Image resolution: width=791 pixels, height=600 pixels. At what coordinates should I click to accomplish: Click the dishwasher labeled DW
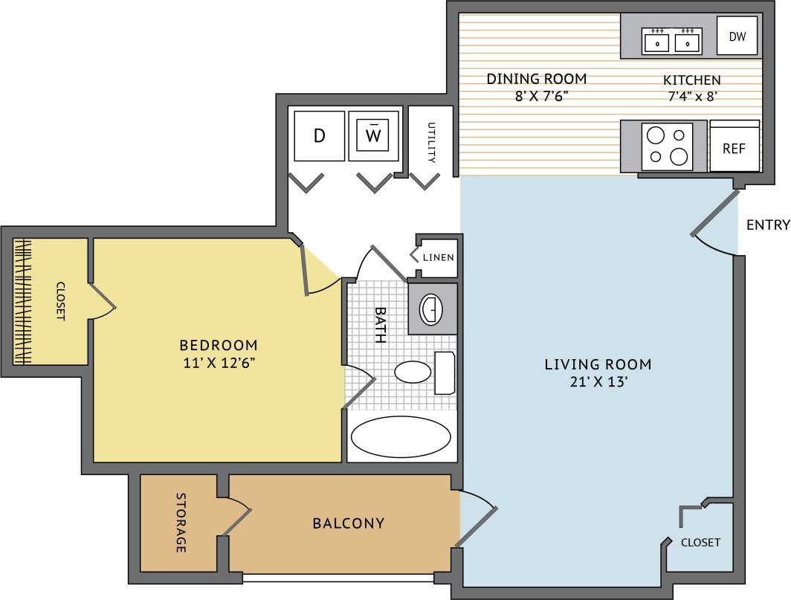click(737, 36)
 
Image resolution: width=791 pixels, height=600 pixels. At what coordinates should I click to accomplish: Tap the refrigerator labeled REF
click(734, 148)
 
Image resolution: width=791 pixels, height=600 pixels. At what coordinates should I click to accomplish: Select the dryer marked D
click(319, 135)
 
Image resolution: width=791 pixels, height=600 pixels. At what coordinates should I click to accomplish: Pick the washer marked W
click(375, 135)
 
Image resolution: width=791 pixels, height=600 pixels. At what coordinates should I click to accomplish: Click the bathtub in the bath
click(401, 438)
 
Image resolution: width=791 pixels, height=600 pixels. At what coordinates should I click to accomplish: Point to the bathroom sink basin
click(430, 309)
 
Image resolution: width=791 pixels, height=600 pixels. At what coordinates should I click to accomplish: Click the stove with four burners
click(667, 146)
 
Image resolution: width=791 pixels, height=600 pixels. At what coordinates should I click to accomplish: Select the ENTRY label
click(768, 225)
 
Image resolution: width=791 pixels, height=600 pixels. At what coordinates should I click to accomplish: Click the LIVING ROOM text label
click(598, 364)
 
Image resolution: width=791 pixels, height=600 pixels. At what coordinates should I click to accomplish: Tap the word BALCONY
click(349, 523)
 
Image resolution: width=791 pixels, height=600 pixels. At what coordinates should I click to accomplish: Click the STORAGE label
click(181, 523)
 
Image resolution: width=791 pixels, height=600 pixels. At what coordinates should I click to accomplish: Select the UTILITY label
click(430, 142)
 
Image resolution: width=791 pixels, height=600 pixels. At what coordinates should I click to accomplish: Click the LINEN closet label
click(437, 257)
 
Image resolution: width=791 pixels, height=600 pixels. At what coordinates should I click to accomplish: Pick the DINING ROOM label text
click(537, 79)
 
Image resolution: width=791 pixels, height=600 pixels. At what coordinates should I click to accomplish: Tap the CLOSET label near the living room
click(700, 542)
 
